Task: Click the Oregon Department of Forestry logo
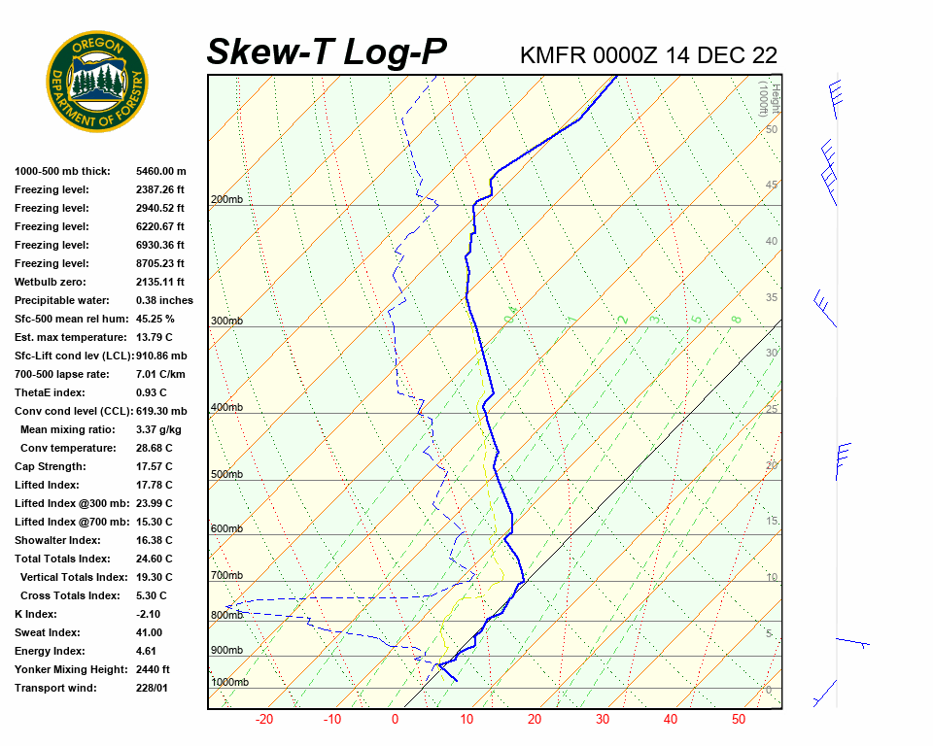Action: click(97, 81)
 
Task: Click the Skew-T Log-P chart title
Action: click(327, 52)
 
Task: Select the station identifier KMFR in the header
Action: click(552, 55)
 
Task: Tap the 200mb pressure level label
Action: click(226, 200)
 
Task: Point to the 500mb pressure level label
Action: click(226, 475)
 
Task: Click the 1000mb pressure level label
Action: click(229, 683)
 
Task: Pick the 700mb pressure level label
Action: click(226, 576)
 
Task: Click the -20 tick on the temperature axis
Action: click(263, 720)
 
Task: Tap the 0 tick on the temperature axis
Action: click(396, 720)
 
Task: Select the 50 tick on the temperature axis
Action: click(739, 720)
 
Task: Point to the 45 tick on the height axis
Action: click(772, 186)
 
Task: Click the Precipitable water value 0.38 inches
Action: click(164, 300)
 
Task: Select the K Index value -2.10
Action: click(148, 614)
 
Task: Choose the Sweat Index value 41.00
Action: click(150, 632)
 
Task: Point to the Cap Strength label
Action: click(51, 466)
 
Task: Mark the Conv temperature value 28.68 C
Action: click(154, 448)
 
